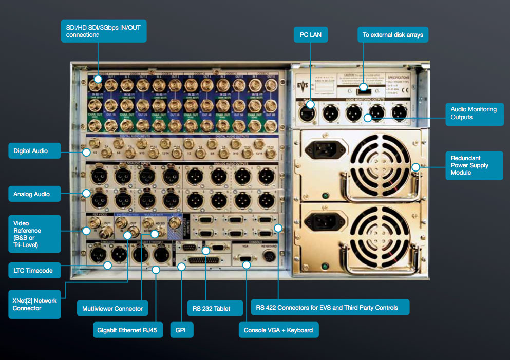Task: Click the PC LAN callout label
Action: [310, 35]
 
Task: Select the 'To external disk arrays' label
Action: [392, 35]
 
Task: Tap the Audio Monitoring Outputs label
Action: [474, 113]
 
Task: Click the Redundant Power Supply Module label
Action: [474, 165]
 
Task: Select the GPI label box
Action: [181, 330]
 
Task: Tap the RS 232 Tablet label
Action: [215, 309]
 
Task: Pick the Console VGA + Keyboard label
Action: [278, 330]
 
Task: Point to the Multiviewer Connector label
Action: [112, 309]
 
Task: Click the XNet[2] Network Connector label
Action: [34, 304]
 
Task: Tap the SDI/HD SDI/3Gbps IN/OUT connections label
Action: [103, 31]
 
